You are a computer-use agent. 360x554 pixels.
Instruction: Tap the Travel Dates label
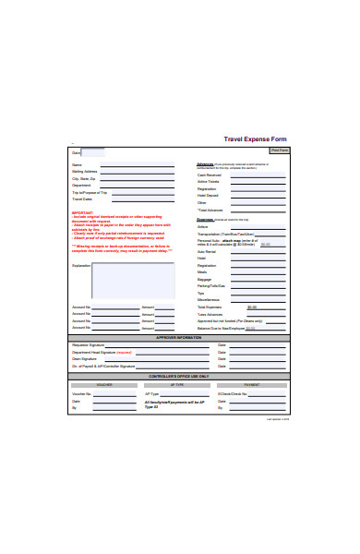pyautogui.click(x=82, y=199)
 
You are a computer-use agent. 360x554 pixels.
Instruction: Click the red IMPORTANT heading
pyautogui.click(x=82, y=211)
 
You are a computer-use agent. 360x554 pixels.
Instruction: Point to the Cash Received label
pyautogui.click(x=209, y=174)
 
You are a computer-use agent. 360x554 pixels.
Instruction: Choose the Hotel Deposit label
pyautogui.click(x=209, y=196)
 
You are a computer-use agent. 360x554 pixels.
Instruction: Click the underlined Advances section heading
pyautogui.click(x=205, y=164)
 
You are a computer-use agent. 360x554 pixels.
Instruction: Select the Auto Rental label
pyautogui.click(x=207, y=251)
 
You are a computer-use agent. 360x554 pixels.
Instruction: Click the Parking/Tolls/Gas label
pyautogui.click(x=211, y=286)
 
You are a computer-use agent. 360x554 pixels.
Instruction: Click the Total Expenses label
pyautogui.click(x=210, y=307)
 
